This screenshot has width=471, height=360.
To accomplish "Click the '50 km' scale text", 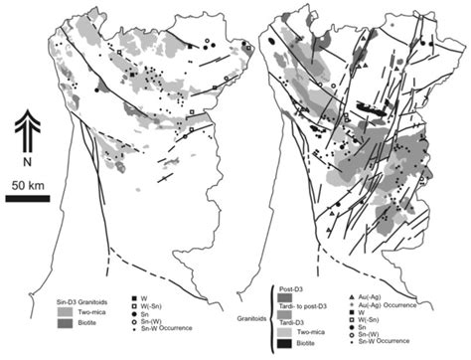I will tap(27, 184).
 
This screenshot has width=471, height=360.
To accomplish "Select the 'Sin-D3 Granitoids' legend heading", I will tap(88, 295).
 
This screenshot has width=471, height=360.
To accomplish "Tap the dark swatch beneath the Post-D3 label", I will tap(291, 298).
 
